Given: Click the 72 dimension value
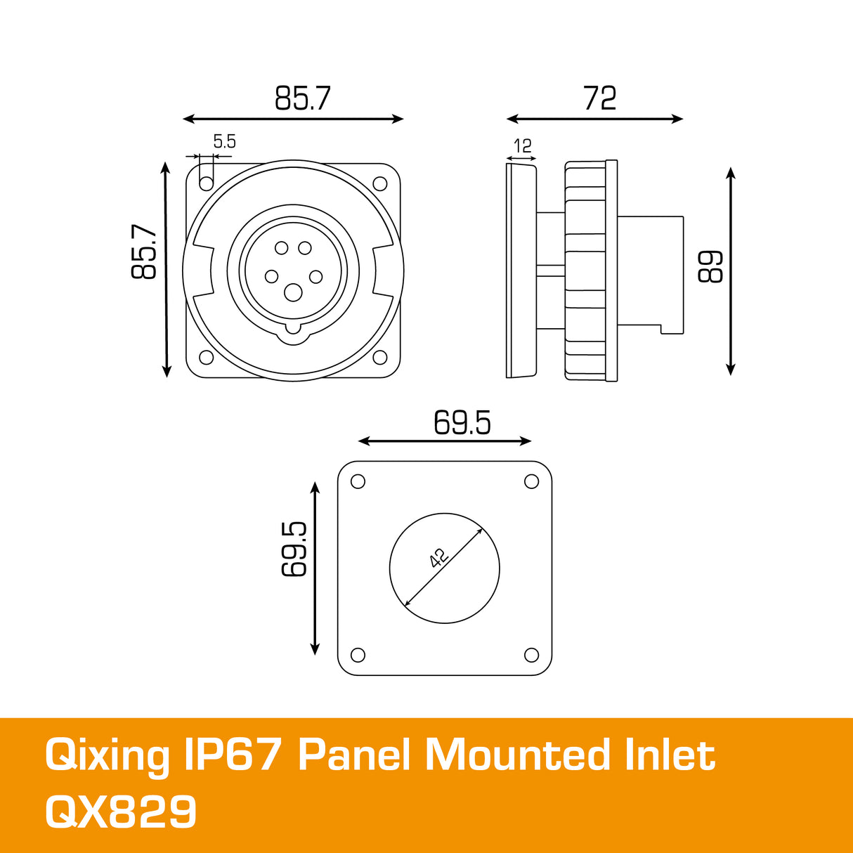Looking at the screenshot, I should pyautogui.click(x=599, y=98).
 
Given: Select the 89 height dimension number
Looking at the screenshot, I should pyautogui.click(x=710, y=266).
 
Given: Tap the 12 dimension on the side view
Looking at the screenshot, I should pyautogui.click(x=522, y=146).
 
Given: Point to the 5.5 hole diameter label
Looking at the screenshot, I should pyautogui.click(x=224, y=141).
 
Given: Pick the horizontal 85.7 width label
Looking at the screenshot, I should pyautogui.click(x=302, y=98).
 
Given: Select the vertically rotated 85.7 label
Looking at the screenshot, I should pyautogui.click(x=144, y=252).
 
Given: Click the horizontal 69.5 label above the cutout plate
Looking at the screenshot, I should pyautogui.click(x=462, y=422).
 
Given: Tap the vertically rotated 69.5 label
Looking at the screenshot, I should pyautogui.click(x=294, y=549).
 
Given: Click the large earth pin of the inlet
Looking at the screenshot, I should pyautogui.click(x=293, y=292).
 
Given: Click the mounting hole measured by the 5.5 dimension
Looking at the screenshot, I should pyautogui.click(x=206, y=183).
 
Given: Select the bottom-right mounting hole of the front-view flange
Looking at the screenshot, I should pyautogui.click(x=380, y=357).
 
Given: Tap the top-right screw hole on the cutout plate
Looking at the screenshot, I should pyautogui.click(x=532, y=481).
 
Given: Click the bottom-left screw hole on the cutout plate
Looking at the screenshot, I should pyautogui.click(x=358, y=655).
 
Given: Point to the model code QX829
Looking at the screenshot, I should pyautogui.click(x=120, y=812).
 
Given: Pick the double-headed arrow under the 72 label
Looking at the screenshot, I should pyautogui.click(x=594, y=119).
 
